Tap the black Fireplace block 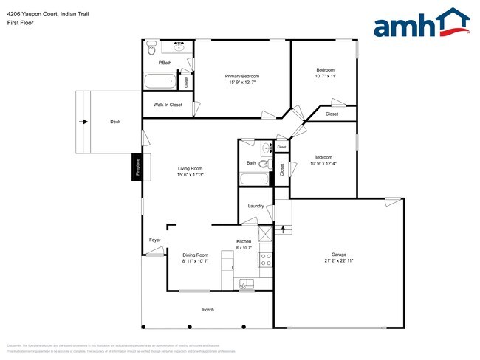pyautogui.click(x=137, y=167)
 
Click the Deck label pyautogui.click(x=115, y=122)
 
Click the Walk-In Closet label pyautogui.click(x=168, y=105)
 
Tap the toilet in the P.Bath pyautogui.click(x=151, y=48)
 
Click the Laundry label pyautogui.click(x=256, y=206)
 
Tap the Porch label pyautogui.click(x=208, y=309)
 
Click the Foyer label pyautogui.click(x=155, y=240)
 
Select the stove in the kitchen pyautogui.click(x=266, y=260)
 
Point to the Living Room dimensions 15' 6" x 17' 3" pyautogui.click(x=190, y=175)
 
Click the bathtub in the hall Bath pyautogui.click(x=256, y=179)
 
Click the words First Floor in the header pyautogui.click(x=20, y=23)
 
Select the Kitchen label pyautogui.click(x=244, y=241)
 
